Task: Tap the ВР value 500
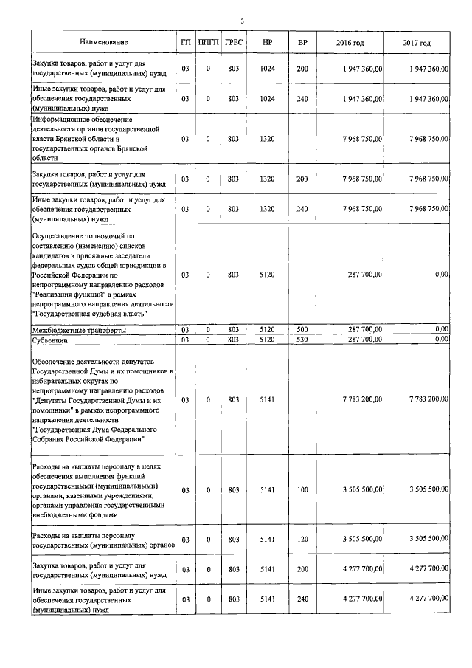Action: (x=302, y=329)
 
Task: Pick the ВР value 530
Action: (x=302, y=340)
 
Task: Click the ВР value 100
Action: (x=302, y=489)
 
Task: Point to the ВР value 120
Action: (x=302, y=540)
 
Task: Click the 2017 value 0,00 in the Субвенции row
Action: (x=441, y=339)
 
